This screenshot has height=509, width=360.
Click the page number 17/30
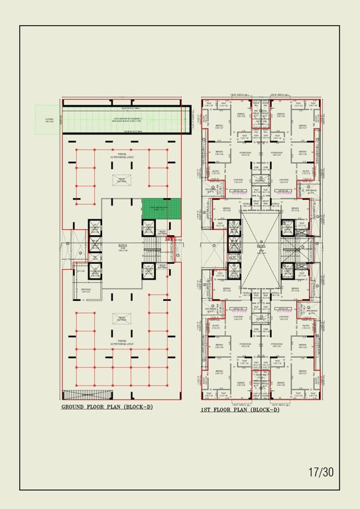click(321, 473)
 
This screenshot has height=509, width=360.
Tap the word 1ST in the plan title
click(207, 410)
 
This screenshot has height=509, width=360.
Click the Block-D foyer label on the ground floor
click(123, 246)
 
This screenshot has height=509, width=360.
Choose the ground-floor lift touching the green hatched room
click(148, 228)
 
